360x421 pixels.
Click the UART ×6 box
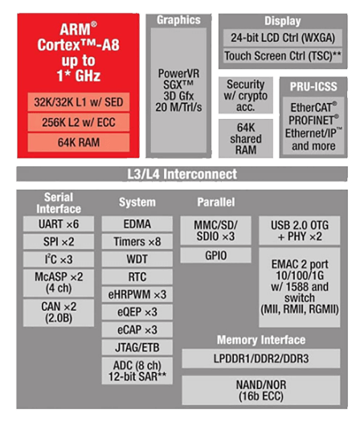(x=59, y=224)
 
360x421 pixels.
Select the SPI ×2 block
(x=59, y=242)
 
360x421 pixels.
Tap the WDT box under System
(x=137, y=259)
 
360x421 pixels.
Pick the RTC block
(x=137, y=277)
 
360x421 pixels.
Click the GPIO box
(x=215, y=255)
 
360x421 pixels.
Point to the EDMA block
(x=137, y=224)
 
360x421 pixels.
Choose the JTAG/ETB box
(x=137, y=347)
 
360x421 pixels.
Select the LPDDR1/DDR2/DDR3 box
(x=261, y=358)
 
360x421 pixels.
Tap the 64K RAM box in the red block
(x=79, y=142)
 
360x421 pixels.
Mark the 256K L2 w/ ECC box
(x=79, y=122)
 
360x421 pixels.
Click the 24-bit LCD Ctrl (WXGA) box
(x=283, y=38)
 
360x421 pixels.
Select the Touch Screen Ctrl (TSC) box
(x=283, y=56)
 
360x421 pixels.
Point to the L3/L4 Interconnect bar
(x=182, y=174)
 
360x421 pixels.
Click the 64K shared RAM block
(x=246, y=138)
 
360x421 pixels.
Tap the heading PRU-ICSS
(x=313, y=87)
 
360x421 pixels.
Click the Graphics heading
(x=178, y=20)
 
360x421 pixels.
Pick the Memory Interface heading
(x=261, y=340)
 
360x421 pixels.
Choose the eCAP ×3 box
(x=137, y=329)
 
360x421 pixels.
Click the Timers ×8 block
(x=137, y=242)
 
